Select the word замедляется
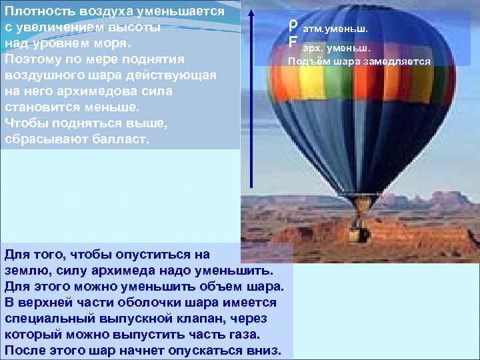(x=397, y=62)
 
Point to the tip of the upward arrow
(x=251, y=11)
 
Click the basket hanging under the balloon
(x=362, y=233)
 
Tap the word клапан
(x=185, y=319)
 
